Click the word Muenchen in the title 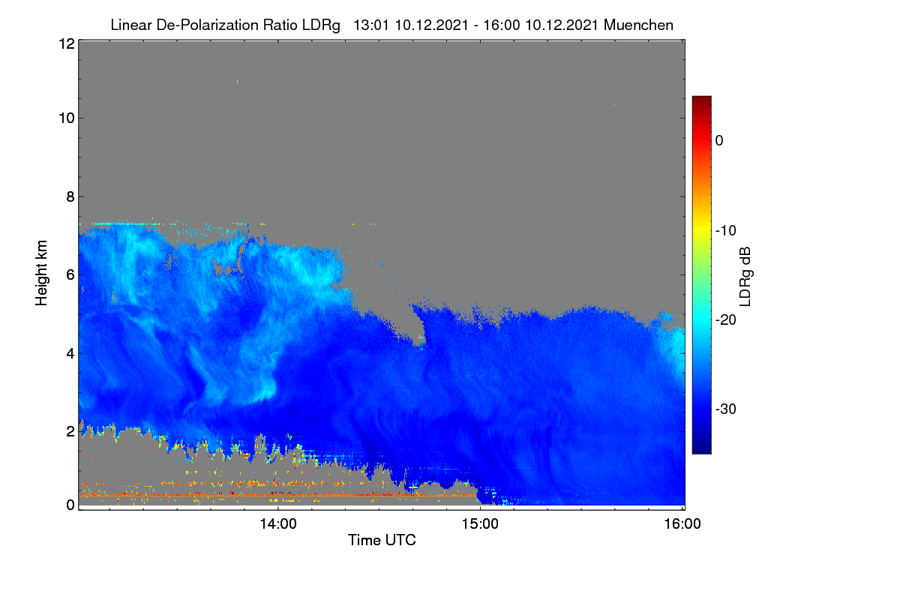(x=638, y=25)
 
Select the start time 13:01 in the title (x=370, y=25)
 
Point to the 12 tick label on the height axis (x=67, y=43)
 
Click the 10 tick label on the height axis (x=67, y=118)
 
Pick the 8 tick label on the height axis (x=70, y=196)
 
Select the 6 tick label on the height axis (x=70, y=275)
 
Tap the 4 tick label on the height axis (x=70, y=354)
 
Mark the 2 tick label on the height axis (x=70, y=431)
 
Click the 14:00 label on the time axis (x=278, y=523)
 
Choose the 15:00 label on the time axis (x=480, y=523)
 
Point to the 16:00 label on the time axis (x=682, y=523)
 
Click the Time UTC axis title (x=382, y=540)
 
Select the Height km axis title (x=41, y=273)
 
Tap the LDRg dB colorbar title (x=745, y=277)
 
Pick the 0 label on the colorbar (x=719, y=141)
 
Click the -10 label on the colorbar (x=726, y=231)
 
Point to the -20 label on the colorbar (x=726, y=320)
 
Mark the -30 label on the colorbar (x=726, y=409)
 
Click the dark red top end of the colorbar (x=701, y=97)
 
